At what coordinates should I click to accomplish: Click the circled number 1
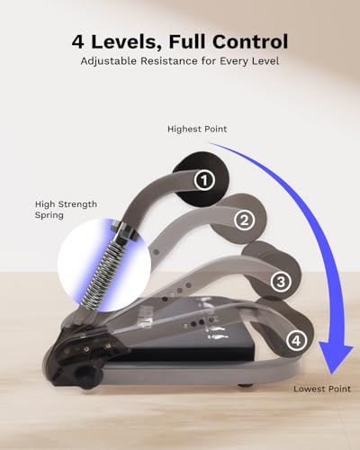pos(204,180)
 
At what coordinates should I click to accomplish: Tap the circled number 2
pos(245,220)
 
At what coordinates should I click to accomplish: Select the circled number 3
pos(281,282)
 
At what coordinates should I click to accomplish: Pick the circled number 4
pos(297,340)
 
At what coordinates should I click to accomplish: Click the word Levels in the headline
pos(126,41)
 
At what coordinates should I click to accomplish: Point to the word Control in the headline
pos(250,41)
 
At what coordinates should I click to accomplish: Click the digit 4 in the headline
pos(78,41)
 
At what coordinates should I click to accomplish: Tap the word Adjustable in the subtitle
pos(108,61)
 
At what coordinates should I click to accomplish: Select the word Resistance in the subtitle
pos(169,61)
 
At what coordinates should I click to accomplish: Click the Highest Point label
pos(197,130)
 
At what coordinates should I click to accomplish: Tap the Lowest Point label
pos(322,389)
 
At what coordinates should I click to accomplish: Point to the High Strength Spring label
pos(66,210)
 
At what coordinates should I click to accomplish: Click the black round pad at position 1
pos(201,179)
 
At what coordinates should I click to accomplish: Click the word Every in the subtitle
pos(233,61)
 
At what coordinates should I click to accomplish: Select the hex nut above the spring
pos(124,230)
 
